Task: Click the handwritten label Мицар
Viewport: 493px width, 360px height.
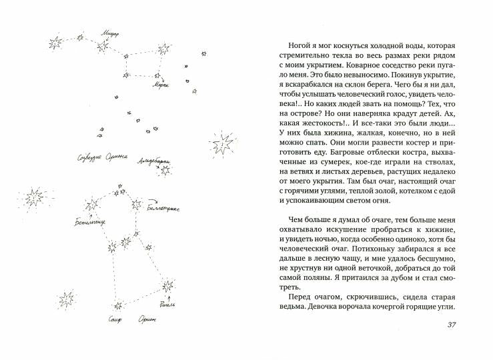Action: (x=109, y=30)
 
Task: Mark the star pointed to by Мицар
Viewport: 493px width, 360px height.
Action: (x=103, y=45)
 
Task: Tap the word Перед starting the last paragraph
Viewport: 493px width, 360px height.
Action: (x=297, y=297)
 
